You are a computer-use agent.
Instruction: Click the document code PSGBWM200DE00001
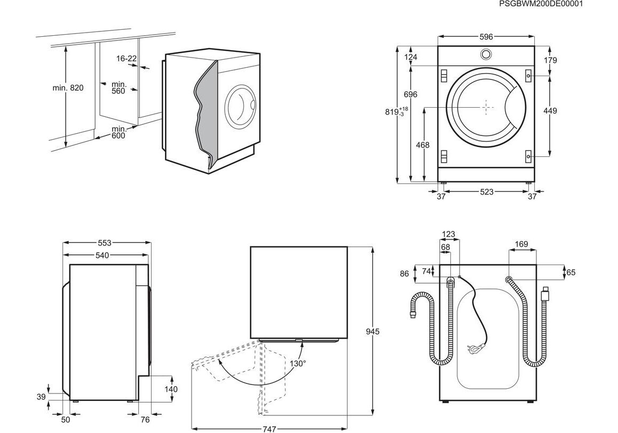tap(540, 4)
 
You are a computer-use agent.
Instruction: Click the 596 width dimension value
tap(486, 37)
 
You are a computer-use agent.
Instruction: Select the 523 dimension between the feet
tap(486, 192)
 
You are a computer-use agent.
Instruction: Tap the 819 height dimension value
tap(394, 112)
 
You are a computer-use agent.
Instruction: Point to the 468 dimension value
tap(423, 145)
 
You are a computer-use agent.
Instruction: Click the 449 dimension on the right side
tap(550, 111)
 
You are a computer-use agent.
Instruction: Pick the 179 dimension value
tap(550, 60)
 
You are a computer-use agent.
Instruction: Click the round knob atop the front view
tap(486, 54)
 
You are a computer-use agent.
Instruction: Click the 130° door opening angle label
tap(298, 364)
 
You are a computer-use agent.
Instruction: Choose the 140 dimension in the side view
tap(171, 389)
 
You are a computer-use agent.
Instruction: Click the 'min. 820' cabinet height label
tap(68, 88)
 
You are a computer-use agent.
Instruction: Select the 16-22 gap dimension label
tap(126, 59)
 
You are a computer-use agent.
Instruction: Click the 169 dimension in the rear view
tap(521, 244)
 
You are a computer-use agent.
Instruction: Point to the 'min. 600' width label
tap(118, 132)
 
